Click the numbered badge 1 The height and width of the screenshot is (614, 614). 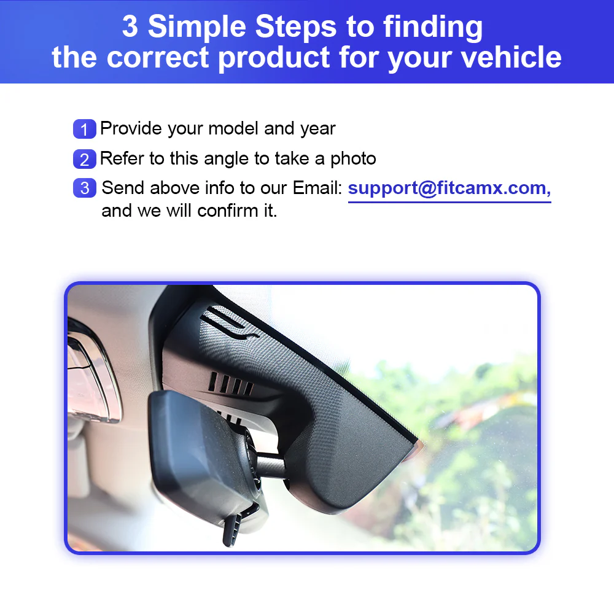(85, 129)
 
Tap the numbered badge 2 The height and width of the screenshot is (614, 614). (85, 159)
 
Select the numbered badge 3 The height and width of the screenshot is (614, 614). (85, 188)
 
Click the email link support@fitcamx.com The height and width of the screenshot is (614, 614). (449, 188)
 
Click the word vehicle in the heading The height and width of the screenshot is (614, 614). (511, 57)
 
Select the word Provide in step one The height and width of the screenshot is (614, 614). (131, 128)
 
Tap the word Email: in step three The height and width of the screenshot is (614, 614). (317, 188)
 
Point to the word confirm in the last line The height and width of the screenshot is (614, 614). (228, 211)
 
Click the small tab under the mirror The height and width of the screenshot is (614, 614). (232, 529)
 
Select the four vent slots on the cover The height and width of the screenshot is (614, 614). (231, 383)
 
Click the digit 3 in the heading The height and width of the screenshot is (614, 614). (130, 26)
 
